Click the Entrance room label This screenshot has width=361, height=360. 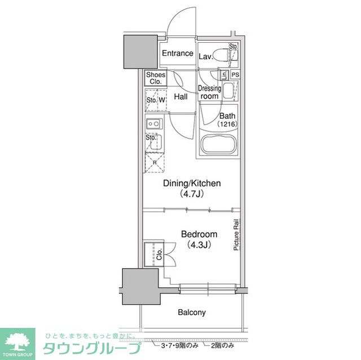[178, 54]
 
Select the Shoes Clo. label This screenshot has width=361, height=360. [156, 78]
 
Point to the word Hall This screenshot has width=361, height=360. [181, 97]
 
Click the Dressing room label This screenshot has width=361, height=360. [209, 92]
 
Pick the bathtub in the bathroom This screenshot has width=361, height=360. [218, 146]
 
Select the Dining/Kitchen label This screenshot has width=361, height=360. [192, 183]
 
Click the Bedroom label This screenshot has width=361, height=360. [199, 234]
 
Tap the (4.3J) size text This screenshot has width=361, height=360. [199, 245]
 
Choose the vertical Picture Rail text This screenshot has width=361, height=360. [236, 234]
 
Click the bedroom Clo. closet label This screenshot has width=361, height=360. [159, 253]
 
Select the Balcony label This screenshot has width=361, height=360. [192, 312]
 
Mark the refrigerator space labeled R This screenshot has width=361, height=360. [155, 162]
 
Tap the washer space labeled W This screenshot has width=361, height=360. [162, 100]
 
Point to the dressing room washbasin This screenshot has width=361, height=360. [228, 91]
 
